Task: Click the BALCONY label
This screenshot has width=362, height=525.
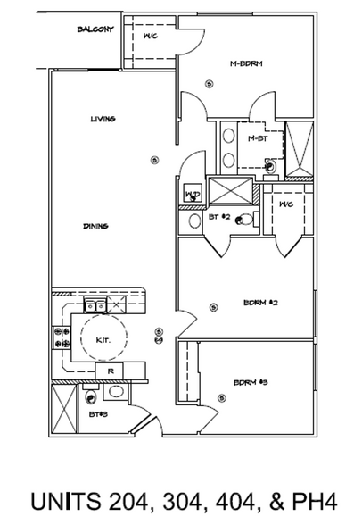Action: [95, 29]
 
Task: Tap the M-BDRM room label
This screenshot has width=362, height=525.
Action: [244, 63]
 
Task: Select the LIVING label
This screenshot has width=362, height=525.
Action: [103, 119]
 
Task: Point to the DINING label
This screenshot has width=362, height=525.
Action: [95, 226]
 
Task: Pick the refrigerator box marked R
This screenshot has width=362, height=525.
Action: [110, 370]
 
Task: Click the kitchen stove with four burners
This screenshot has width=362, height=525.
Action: [63, 338]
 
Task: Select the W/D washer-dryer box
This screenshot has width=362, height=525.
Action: [193, 194]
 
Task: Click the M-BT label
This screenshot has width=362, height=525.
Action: [258, 137]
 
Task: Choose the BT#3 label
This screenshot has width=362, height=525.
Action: [97, 414]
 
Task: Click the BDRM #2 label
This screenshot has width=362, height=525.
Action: [262, 304]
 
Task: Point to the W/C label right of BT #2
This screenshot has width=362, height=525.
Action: [285, 205]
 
